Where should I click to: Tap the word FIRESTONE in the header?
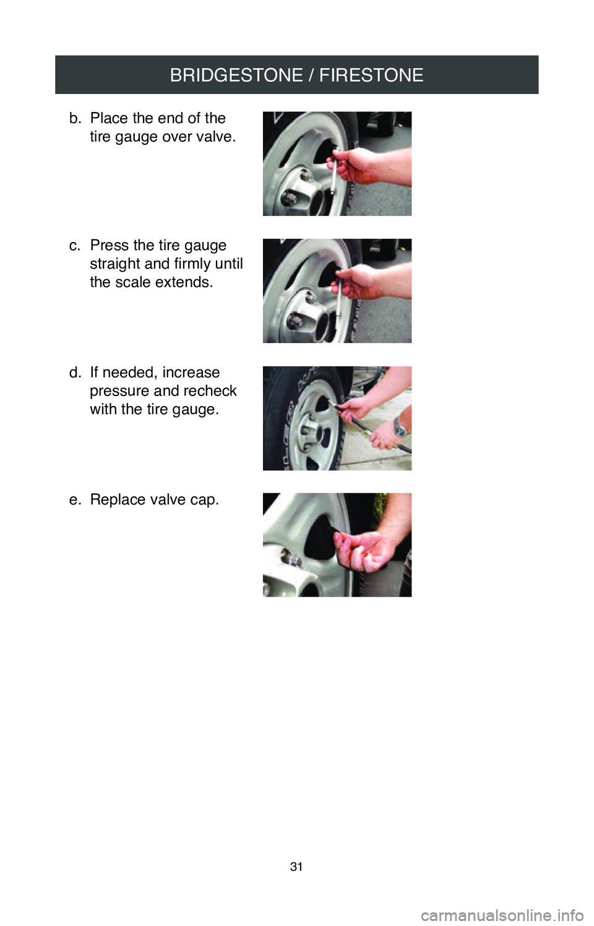(x=371, y=76)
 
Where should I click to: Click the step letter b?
(x=74, y=118)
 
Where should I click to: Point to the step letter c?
(x=74, y=246)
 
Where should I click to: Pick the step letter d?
(x=74, y=373)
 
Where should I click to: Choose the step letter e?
(x=74, y=500)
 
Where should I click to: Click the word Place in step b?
(x=110, y=118)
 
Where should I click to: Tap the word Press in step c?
(x=110, y=245)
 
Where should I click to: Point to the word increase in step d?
(x=191, y=373)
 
